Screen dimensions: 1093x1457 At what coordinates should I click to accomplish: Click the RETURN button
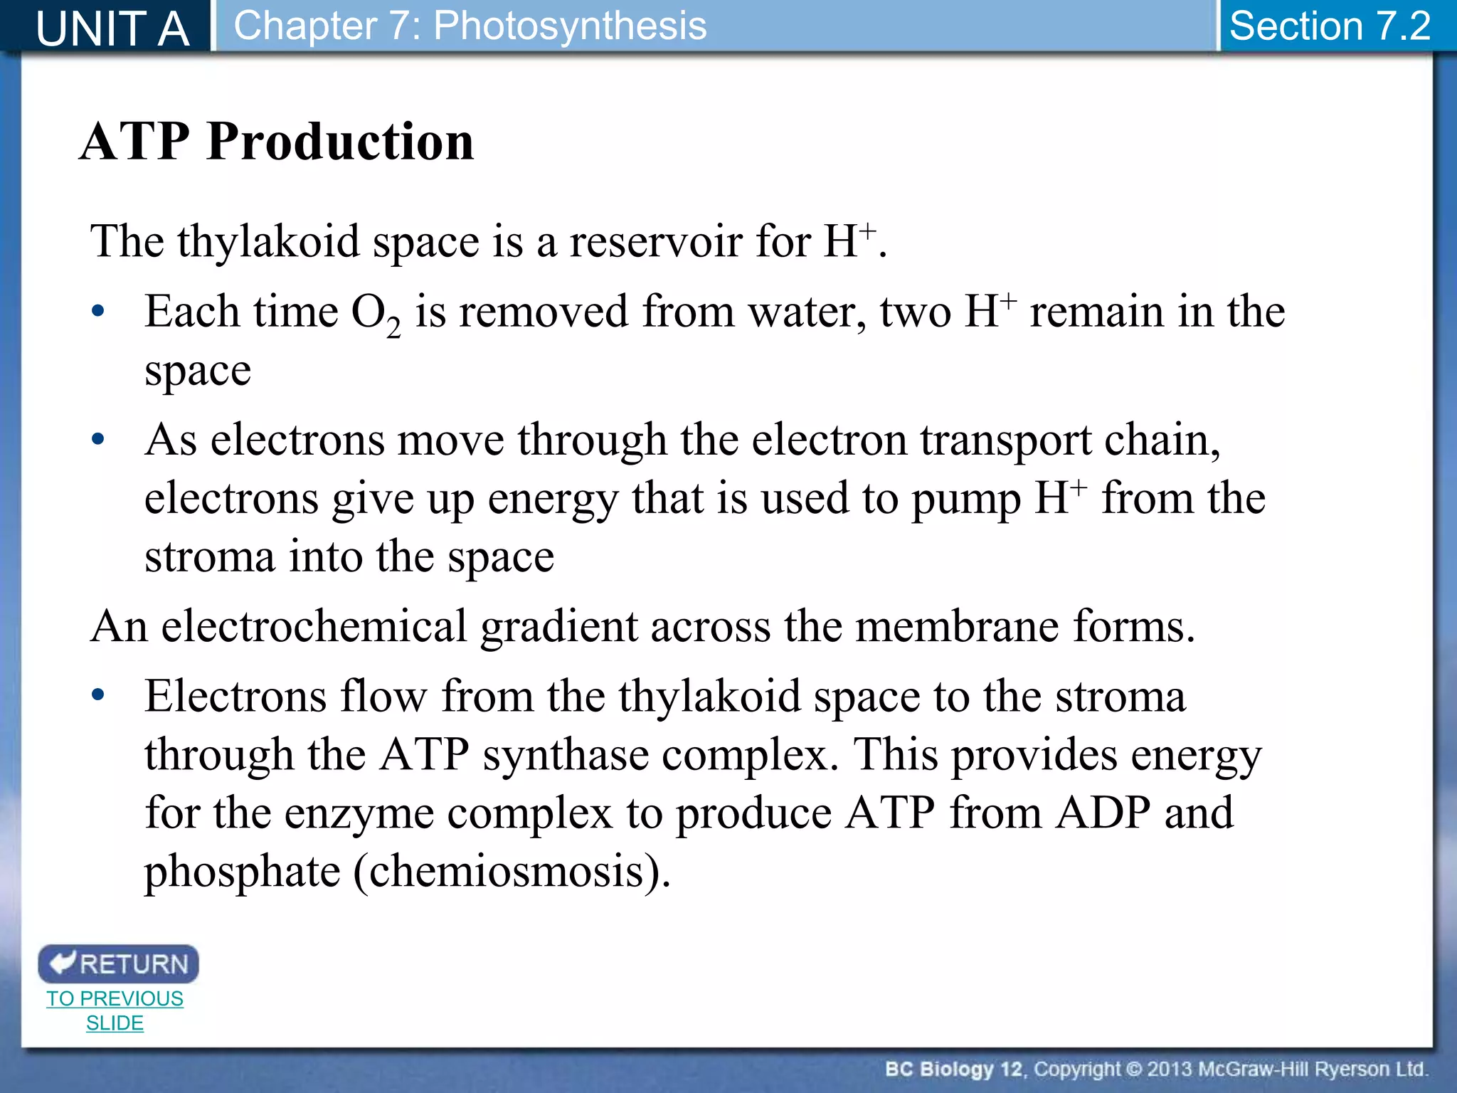(x=118, y=963)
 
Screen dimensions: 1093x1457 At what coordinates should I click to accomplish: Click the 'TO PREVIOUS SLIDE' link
(x=115, y=1010)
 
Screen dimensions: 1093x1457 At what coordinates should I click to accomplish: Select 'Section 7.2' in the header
(x=1330, y=26)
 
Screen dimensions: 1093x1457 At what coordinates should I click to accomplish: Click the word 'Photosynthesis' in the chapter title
(x=570, y=26)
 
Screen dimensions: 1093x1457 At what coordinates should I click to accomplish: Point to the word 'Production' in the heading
(x=340, y=141)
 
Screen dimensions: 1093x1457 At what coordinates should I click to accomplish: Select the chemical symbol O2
(x=376, y=314)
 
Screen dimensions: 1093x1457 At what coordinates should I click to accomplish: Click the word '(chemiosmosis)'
(x=512, y=871)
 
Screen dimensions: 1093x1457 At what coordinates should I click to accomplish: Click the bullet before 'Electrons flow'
(x=98, y=695)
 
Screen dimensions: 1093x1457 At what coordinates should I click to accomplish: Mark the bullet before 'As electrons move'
(x=98, y=438)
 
